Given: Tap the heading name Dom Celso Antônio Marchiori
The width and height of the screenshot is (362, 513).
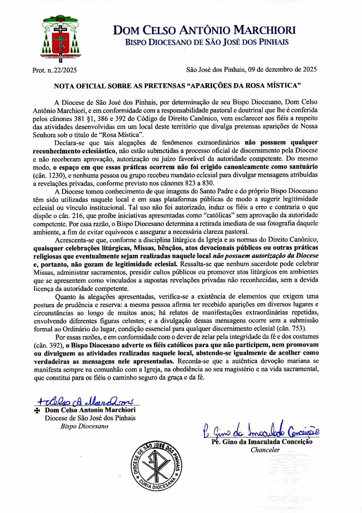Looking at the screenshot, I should click(204, 30).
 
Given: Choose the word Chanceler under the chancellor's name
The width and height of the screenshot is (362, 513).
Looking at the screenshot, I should click(265, 450).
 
